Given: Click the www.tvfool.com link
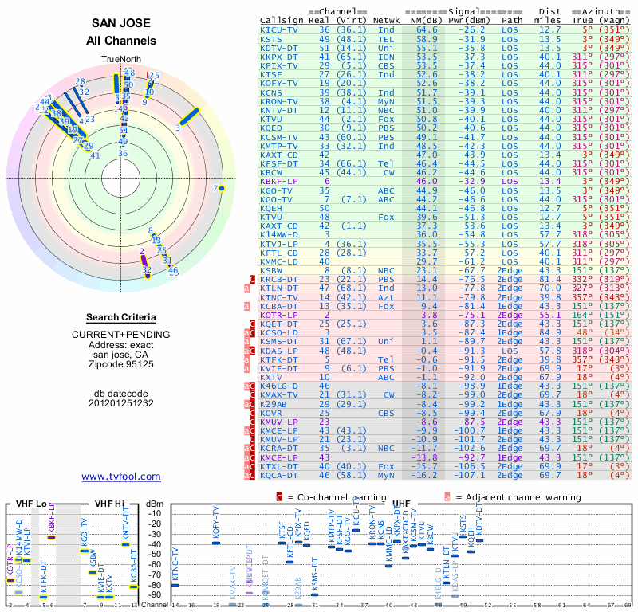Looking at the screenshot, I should pyautogui.click(x=121, y=477).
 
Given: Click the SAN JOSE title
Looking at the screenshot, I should pyautogui.click(x=121, y=24).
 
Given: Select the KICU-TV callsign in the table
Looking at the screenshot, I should pyautogui.click(x=282, y=29).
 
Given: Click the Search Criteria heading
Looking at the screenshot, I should pyautogui.click(x=121, y=317).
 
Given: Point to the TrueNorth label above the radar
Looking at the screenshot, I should pyautogui.click(x=120, y=60).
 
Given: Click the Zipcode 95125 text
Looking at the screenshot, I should pyautogui.click(x=121, y=364).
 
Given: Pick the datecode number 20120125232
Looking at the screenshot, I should pyautogui.click(x=121, y=402).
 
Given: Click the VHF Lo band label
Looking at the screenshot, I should pyautogui.click(x=30, y=504).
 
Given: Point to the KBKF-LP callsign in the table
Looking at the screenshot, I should pyautogui.click(x=282, y=182).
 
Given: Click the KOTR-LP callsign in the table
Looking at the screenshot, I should pyautogui.click(x=282, y=315).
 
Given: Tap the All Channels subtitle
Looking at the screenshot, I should pyautogui.click(x=121, y=41).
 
